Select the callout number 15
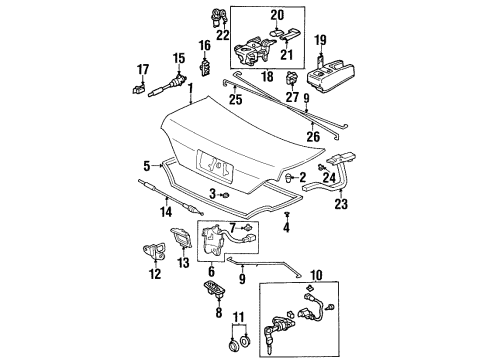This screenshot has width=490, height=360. click(x=179, y=58)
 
